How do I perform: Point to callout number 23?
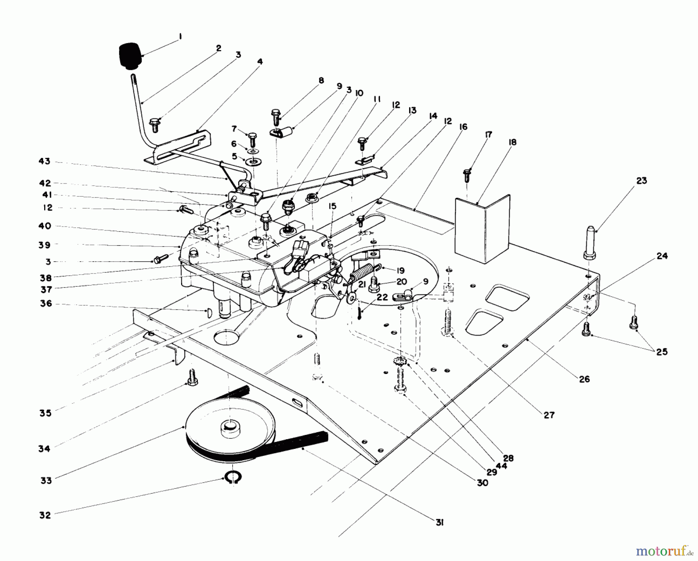pyautogui.click(x=641, y=180)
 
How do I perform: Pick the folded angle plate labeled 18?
pyautogui.click(x=482, y=229)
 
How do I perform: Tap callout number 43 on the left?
pyautogui.click(x=44, y=161)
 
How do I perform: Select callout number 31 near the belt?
pyautogui.click(x=439, y=523)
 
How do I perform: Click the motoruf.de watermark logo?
pyautogui.click(x=667, y=550)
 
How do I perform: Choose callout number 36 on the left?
pyautogui.click(x=46, y=304)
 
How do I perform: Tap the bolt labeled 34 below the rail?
pyautogui.click(x=192, y=378)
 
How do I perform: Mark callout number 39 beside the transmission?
pyautogui.click(x=45, y=244)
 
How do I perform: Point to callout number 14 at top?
pyautogui.click(x=433, y=116)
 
